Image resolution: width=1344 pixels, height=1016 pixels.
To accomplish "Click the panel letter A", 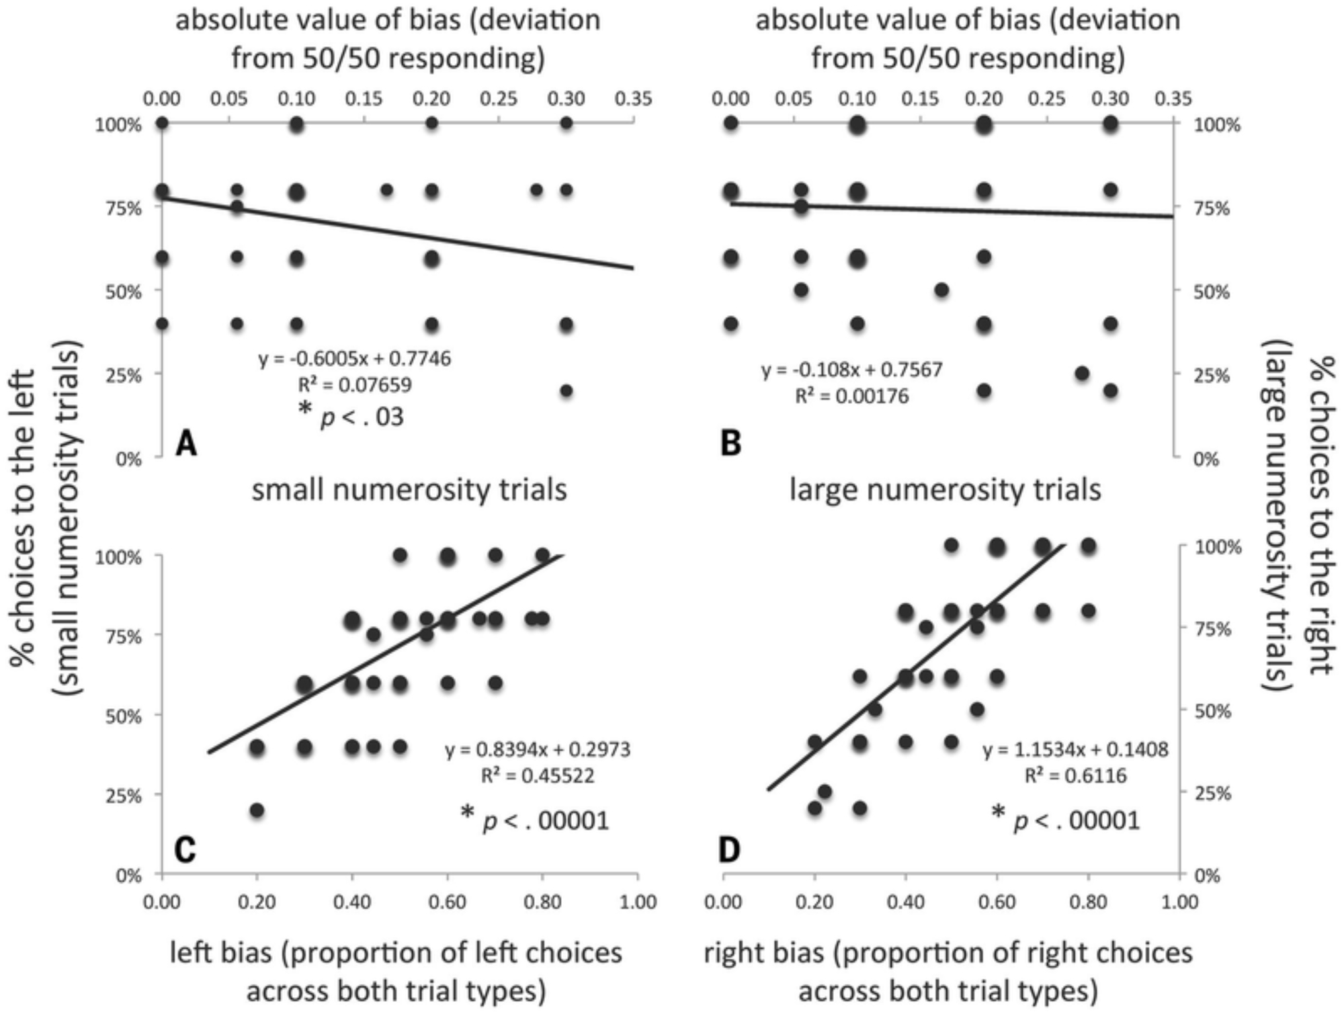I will point(186,444).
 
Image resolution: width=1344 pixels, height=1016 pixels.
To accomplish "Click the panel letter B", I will point(730,444).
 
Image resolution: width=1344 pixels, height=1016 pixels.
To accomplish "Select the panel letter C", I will point(185,850).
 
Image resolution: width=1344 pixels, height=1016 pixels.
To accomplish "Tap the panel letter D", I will point(729,850).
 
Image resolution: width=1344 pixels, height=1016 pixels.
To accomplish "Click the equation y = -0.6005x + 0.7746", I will point(355,359).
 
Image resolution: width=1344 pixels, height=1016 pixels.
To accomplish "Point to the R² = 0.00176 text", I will point(851,396).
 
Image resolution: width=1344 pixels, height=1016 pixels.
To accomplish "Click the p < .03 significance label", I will point(352,417).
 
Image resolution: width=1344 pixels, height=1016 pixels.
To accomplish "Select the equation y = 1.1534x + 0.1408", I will point(1075,749).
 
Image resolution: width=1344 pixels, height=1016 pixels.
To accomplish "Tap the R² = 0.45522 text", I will point(538,776).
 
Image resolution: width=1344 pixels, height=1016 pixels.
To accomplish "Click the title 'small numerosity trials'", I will point(409,489).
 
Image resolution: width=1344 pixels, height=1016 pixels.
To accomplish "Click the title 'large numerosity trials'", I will point(945,489).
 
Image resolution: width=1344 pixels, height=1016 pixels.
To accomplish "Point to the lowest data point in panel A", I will point(566,390).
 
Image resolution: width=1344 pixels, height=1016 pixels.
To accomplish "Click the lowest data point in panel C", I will point(257,810).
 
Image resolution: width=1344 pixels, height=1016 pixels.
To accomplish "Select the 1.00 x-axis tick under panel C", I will point(637,901).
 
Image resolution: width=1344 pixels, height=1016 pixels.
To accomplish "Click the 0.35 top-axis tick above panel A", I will point(634,99).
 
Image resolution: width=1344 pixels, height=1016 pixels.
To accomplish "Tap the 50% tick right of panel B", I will point(1211,292).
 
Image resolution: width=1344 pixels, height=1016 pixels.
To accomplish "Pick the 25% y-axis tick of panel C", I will point(124,796).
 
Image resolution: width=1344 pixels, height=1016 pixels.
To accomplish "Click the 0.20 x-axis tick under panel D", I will point(814,901).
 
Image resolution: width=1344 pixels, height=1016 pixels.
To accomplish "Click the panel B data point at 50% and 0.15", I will point(941,290).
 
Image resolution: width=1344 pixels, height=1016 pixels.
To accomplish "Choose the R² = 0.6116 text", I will point(1075,776).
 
